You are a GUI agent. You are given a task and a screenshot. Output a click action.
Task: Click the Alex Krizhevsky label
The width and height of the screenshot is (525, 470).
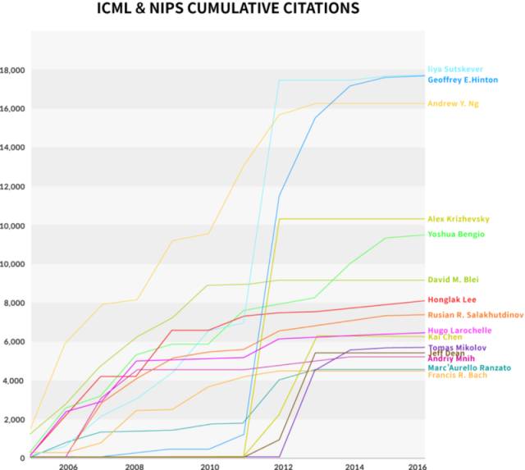pyautogui.click(x=459, y=219)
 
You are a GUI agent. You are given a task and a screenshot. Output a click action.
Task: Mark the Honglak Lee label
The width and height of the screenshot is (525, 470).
pyautogui.click(x=453, y=300)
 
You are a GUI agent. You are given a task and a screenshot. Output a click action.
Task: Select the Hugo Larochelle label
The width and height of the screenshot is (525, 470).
pyautogui.click(x=459, y=330)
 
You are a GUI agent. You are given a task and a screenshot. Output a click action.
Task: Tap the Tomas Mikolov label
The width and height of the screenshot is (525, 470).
pyautogui.click(x=457, y=347)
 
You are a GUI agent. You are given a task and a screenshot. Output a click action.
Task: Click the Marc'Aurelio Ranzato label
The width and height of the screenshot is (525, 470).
pyautogui.click(x=470, y=367)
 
